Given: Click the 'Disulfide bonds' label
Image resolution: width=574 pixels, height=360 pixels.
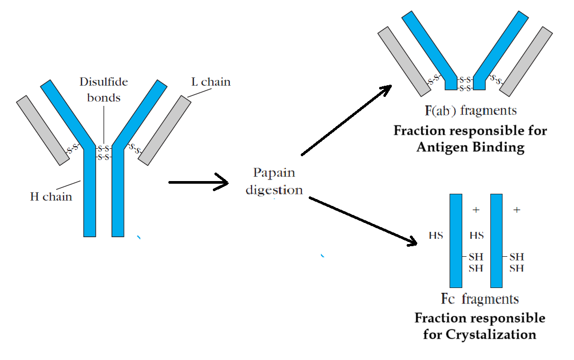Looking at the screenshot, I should click(x=104, y=90).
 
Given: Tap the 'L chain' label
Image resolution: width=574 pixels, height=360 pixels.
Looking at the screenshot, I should click(x=210, y=82).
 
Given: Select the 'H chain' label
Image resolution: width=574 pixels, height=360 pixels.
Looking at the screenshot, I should click(x=51, y=197).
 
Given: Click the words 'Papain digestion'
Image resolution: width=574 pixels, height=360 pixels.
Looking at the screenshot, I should click(x=274, y=181).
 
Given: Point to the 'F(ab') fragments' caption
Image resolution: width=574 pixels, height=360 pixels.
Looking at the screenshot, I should click(x=470, y=111).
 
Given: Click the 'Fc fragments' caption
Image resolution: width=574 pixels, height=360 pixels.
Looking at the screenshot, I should click(x=480, y=299).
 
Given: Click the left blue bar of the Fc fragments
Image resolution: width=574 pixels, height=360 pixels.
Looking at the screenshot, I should click(x=456, y=240).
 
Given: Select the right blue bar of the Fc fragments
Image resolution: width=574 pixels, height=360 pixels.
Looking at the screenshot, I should click(x=496, y=240).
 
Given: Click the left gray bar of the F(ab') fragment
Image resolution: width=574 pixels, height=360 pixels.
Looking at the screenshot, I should click(x=404, y=61).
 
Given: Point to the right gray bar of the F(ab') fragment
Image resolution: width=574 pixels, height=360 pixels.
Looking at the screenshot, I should click(x=526, y=61).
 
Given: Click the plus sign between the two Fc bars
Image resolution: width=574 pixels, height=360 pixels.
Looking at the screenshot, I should click(x=476, y=210).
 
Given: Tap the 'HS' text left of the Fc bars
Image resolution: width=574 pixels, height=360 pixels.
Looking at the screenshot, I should click(x=436, y=236).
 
